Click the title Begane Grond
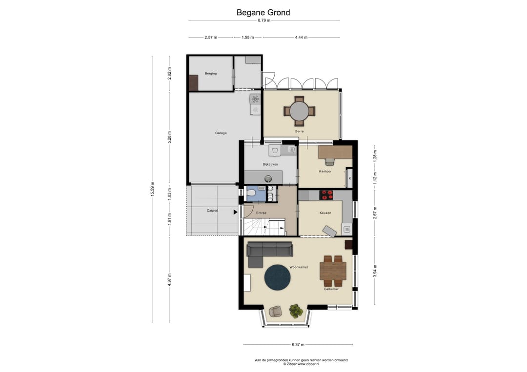coord(263,12)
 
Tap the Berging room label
coord(211,74)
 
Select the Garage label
coord(221,133)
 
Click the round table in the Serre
coord(300,111)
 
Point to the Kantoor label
coord(325,171)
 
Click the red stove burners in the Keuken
coord(326,195)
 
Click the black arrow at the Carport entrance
coord(235,212)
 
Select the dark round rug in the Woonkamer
coord(277,277)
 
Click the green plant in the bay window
coord(296,311)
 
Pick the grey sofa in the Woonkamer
coord(267,254)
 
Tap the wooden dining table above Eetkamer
coord(333,271)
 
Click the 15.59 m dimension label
coord(152,189)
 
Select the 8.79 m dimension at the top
coord(264,20)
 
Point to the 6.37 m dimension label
coord(298,345)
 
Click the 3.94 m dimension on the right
coord(375,271)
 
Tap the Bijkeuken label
coord(270,164)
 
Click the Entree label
coord(261,213)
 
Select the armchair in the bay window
coord(276,311)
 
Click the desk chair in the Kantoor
coord(330,161)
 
